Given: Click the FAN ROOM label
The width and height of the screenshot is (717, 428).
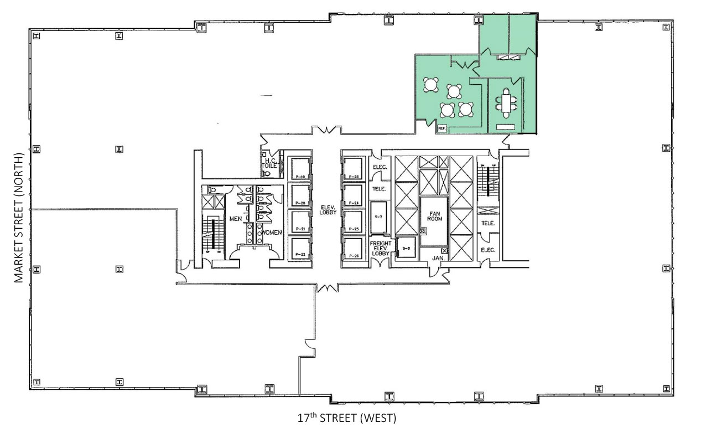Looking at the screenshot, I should coord(433,215).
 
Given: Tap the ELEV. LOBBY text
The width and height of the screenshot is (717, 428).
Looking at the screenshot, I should coord(325,210).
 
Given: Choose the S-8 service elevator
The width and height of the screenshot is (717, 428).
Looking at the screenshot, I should coord(407,247).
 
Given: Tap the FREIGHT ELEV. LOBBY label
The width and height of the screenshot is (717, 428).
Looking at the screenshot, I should coord(380,247).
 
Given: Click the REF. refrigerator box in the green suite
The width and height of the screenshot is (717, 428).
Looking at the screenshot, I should coord(441,128).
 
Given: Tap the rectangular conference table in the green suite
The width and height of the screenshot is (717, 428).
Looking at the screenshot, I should coord(506,103).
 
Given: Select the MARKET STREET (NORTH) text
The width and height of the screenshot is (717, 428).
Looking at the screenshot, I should coord(20,217).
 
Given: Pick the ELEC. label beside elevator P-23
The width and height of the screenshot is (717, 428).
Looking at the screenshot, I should coord(380,167).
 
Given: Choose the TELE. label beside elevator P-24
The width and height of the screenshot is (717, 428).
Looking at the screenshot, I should coord(380,189).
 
